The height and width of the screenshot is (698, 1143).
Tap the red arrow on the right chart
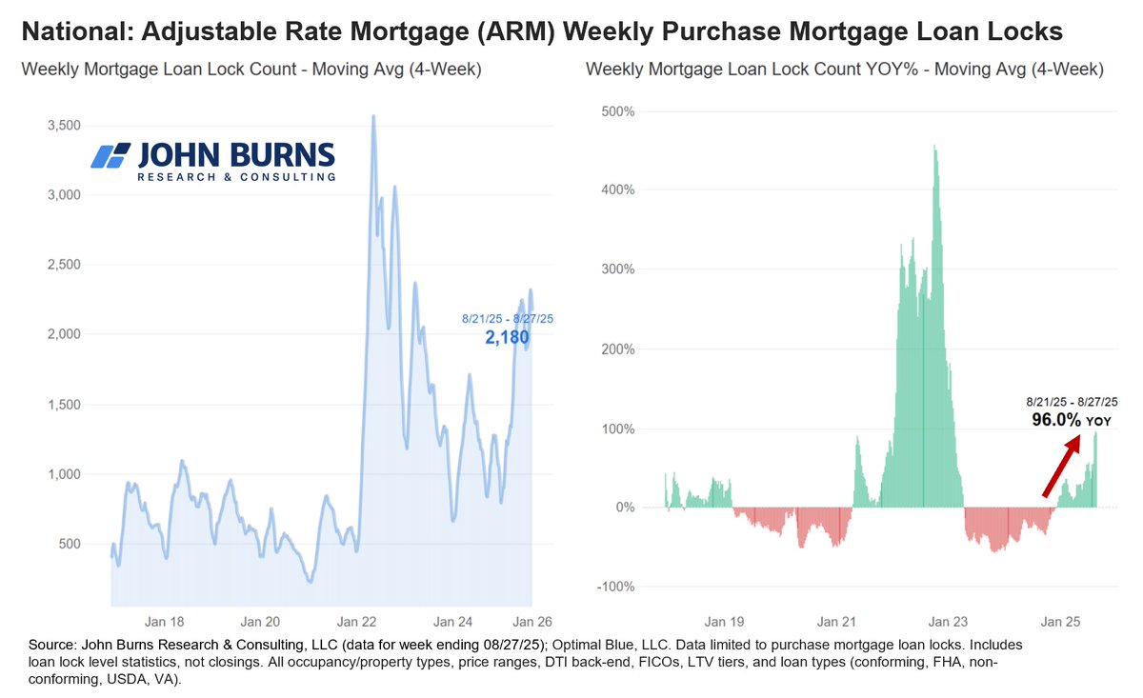(x=1062, y=466)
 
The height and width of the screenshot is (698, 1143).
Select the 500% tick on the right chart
(x=617, y=110)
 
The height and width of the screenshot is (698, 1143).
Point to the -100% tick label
(x=615, y=587)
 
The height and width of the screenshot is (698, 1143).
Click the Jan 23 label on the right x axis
(x=948, y=621)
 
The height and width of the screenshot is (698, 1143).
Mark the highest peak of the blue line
(x=372, y=116)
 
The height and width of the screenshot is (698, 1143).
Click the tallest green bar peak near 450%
(x=934, y=147)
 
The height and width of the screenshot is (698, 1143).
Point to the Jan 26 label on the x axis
(x=531, y=619)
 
